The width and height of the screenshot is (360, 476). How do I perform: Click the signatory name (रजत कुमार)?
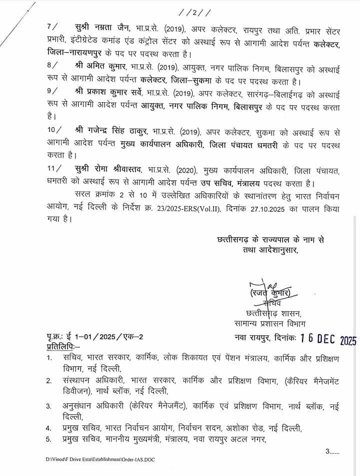(x=271, y=292)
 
